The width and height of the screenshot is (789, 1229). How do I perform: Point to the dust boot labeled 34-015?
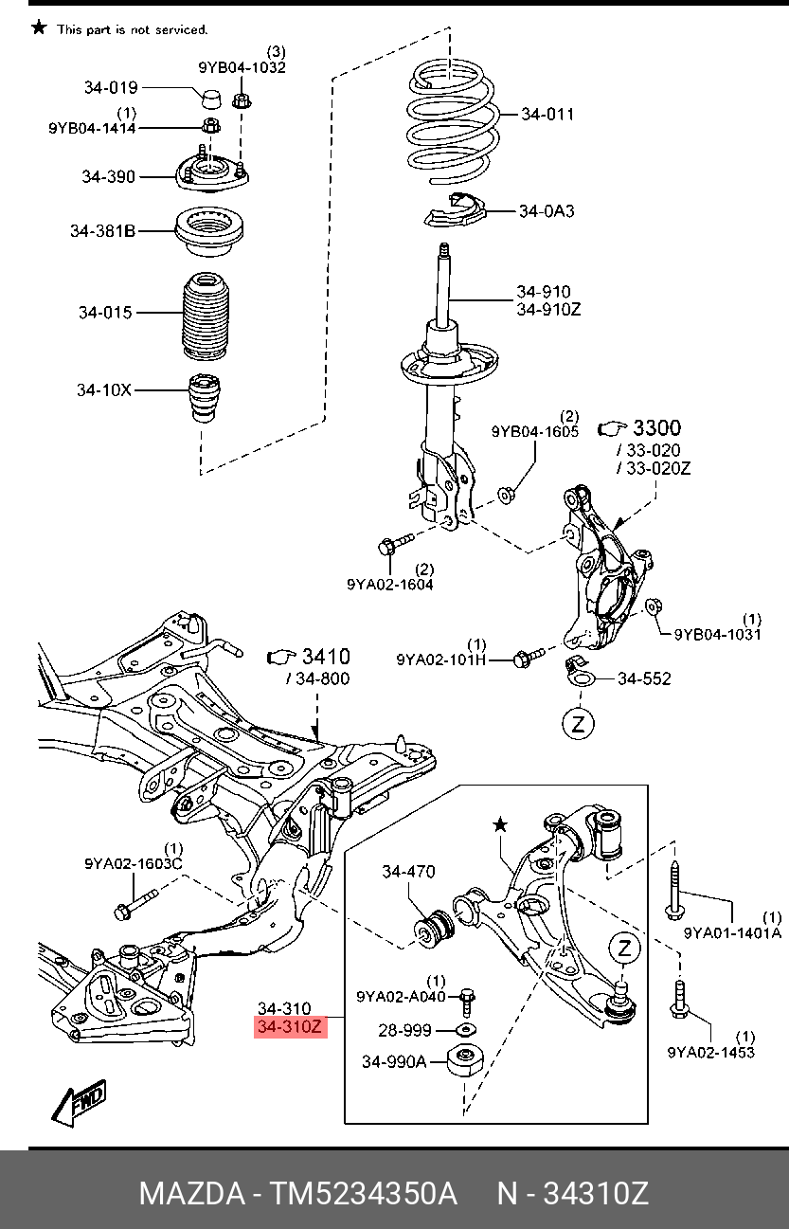click(x=206, y=317)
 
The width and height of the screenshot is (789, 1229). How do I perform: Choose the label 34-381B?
click(x=102, y=230)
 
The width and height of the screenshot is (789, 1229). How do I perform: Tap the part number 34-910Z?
click(x=548, y=309)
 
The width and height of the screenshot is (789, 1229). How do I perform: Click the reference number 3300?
click(x=656, y=428)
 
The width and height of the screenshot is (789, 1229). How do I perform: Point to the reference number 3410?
click(x=325, y=657)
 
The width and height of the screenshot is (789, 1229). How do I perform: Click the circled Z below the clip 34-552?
click(x=578, y=724)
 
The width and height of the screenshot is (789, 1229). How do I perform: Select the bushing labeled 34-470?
click(x=437, y=929)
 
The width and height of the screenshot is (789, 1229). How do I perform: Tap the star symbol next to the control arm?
click(x=500, y=824)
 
